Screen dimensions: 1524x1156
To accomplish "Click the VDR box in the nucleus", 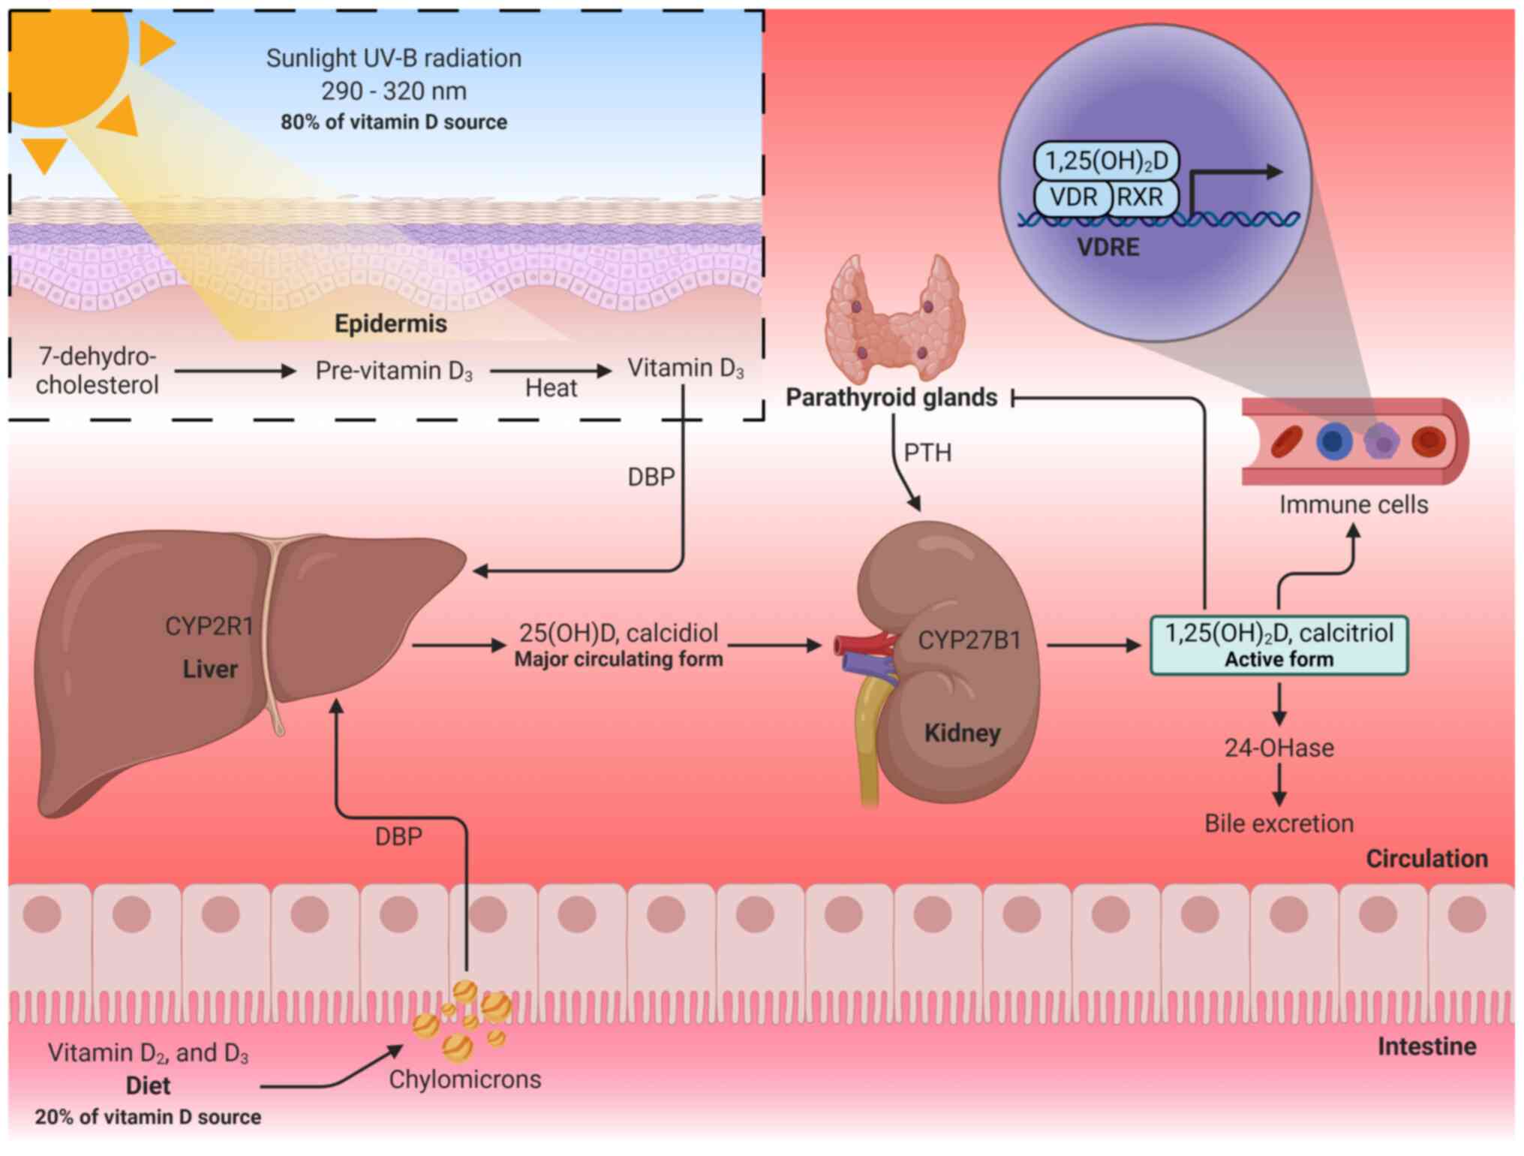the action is coord(1073,197).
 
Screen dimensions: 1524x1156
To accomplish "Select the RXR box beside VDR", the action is coord(1141,197).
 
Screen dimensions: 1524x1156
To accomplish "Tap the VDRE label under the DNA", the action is coord(1108,247).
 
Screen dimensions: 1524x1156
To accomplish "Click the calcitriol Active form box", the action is coord(1279,645).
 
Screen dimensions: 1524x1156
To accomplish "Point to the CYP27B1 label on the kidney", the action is coord(969,640).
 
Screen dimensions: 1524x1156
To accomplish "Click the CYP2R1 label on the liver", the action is coord(209,626).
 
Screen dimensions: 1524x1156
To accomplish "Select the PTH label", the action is coord(927,453).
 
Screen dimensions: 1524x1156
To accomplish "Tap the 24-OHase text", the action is coord(1279,748).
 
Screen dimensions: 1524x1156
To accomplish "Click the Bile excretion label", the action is coord(1279,823).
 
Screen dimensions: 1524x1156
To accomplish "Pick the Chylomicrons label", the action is coord(464,1079).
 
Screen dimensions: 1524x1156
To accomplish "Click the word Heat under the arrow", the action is coord(551,388).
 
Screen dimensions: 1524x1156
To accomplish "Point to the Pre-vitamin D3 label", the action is coord(394,371).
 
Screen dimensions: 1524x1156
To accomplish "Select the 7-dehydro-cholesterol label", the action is coord(98,370).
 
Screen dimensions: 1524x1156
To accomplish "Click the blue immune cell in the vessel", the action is coord(1334,441).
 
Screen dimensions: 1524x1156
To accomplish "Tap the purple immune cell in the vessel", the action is coord(1381,441).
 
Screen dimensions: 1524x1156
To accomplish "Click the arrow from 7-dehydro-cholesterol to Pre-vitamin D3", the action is coord(236,371).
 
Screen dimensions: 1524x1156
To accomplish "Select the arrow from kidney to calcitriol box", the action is coord(1093,645).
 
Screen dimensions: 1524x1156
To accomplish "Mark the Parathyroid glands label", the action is coord(891,397).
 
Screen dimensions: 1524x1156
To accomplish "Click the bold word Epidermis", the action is coord(390,324).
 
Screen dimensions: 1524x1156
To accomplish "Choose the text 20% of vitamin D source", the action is coord(148,1117).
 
